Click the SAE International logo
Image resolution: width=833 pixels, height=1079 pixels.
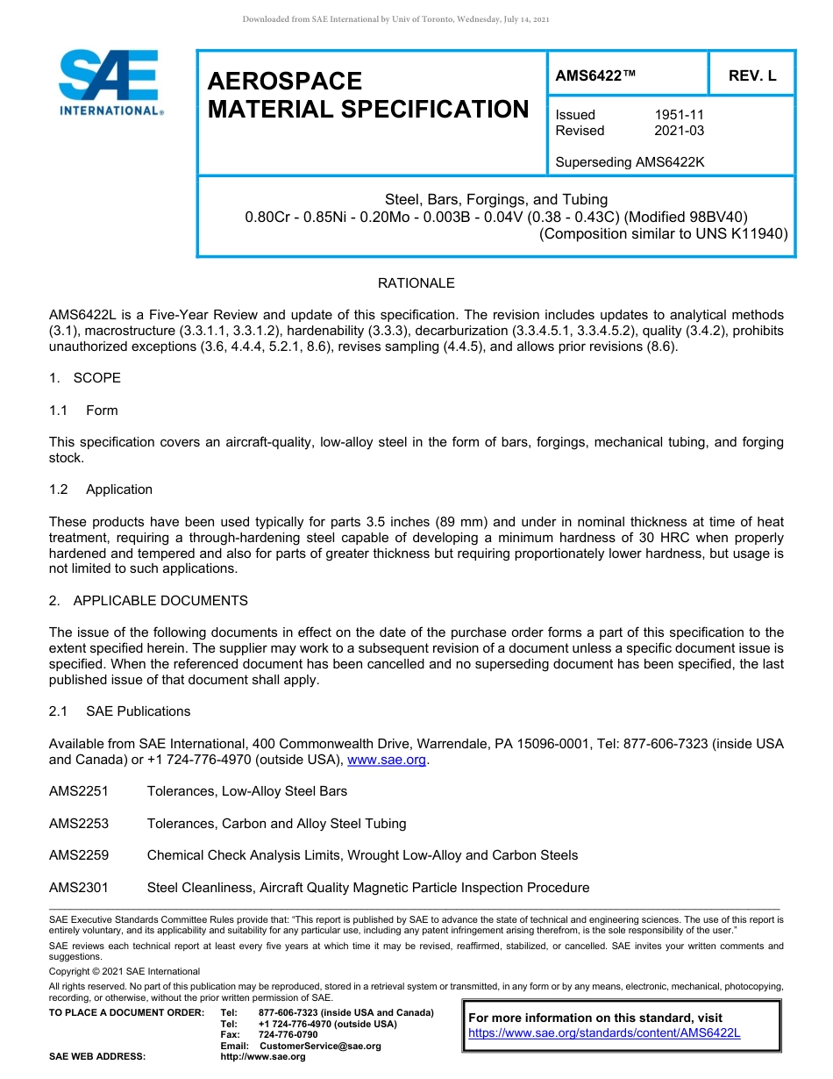tap(110, 82)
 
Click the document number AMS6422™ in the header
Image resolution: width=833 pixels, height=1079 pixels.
tap(595, 76)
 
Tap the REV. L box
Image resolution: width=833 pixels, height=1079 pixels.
tap(751, 76)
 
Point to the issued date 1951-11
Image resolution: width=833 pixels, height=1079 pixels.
tap(679, 115)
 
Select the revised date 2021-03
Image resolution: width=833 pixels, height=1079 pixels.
tap(679, 131)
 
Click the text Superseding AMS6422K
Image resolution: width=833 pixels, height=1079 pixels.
tap(630, 162)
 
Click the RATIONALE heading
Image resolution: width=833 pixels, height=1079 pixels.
tap(416, 283)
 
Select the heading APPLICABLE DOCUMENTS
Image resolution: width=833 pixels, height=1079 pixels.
tap(160, 601)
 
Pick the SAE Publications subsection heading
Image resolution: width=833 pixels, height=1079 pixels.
tap(138, 711)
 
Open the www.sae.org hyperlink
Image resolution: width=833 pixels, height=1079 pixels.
tap(387, 760)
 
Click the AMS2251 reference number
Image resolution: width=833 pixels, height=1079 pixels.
tap(79, 791)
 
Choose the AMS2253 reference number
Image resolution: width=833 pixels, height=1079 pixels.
tap(79, 824)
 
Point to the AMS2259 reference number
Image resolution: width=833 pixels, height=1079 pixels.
tap(79, 855)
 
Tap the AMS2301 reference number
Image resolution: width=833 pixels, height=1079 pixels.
tap(79, 888)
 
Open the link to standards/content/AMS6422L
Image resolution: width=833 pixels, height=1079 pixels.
tap(604, 1033)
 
